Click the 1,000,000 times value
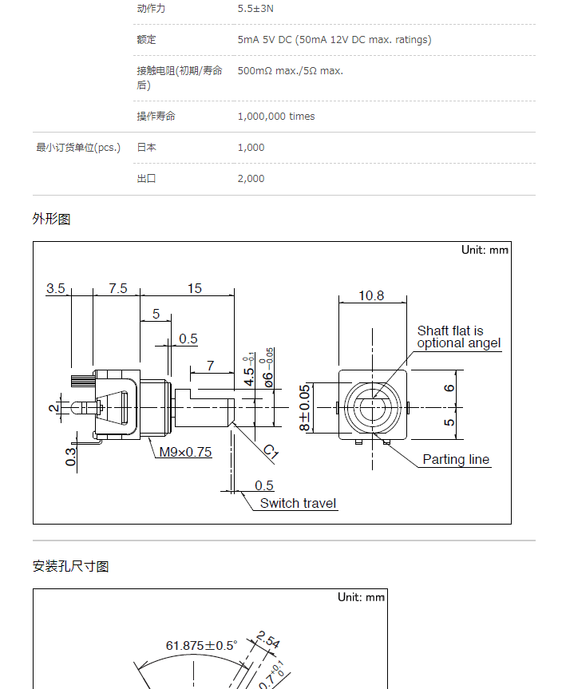(276, 117)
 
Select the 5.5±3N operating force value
(255, 8)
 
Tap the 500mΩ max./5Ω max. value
(290, 71)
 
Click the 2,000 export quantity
(251, 179)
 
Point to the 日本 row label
(146, 148)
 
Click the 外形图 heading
(51, 219)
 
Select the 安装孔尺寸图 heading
(71, 566)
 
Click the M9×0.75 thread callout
(185, 452)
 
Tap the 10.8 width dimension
(371, 295)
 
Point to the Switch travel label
(298, 503)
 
